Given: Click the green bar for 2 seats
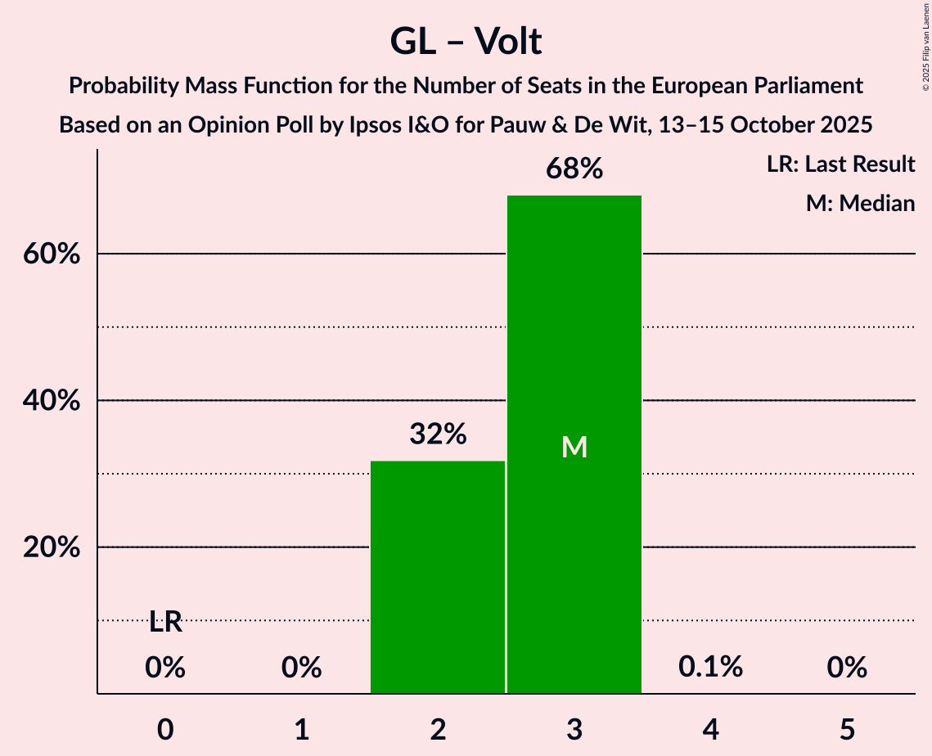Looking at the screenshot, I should (438, 577).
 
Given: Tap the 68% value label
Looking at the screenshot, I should (574, 169).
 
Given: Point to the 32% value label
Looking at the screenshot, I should (438, 434).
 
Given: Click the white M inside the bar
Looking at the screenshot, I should (574, 447).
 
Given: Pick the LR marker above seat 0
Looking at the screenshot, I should (165, 623).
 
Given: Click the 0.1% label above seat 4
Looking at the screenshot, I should (710, 667).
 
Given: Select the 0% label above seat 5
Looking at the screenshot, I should (846, 668).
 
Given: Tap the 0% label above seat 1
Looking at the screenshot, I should (301, 668).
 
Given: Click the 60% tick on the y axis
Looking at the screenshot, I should (51, 254).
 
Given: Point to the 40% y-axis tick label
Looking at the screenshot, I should (51, 401).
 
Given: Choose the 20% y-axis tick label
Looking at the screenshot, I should (51, 547).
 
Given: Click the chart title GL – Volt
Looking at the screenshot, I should (466, 41).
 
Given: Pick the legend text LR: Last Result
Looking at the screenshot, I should (840, 164).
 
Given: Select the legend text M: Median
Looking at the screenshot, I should (860, 203).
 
